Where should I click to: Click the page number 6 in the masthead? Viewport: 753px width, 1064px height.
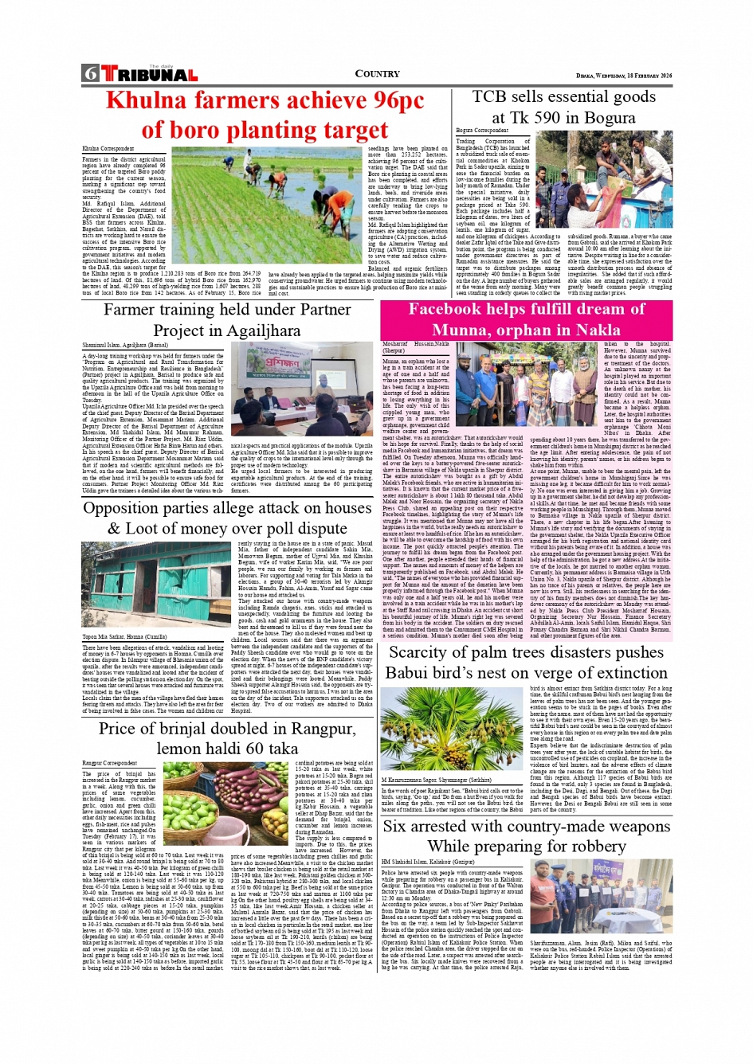[x=90, y=74]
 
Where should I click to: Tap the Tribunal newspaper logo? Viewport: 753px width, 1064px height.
[x=149, y=74]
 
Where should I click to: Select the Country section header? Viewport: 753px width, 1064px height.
[x=377, y=74]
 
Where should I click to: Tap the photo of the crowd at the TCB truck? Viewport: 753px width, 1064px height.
[x=614, y=180]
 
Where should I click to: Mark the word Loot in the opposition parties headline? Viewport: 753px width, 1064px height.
[x=159, y=528]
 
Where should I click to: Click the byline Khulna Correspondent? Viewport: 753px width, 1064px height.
[x=108, y=149]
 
